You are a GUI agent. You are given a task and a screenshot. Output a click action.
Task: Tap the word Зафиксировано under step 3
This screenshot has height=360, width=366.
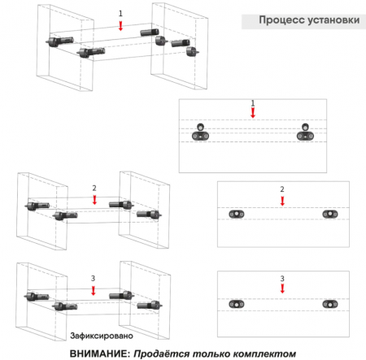coord(102,336)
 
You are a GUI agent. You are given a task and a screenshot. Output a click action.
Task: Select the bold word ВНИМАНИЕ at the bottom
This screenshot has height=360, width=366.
coord(100,353)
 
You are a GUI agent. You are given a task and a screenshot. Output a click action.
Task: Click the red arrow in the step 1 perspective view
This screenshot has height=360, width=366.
coord(120,26)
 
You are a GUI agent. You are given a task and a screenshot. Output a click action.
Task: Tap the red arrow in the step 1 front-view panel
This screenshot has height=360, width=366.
coord(253,113)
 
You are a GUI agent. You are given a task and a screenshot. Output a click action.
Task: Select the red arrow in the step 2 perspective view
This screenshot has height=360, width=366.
coord(94,200)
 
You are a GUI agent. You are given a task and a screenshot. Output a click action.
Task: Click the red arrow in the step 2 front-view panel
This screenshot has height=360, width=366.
coord(282,201)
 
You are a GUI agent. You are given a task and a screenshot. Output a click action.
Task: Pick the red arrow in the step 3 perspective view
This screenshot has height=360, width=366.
coord(94,290)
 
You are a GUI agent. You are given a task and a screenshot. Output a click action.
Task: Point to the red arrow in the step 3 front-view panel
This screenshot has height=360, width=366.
coord(282,288)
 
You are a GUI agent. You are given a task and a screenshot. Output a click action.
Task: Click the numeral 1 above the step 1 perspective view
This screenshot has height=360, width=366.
coord(120,13)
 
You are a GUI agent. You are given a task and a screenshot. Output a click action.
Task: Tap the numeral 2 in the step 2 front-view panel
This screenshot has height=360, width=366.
coord(282,189)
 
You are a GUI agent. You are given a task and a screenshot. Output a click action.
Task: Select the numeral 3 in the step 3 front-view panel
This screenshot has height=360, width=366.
coord(282,279)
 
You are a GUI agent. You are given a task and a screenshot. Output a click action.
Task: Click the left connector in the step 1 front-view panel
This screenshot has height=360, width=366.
coord(200,132)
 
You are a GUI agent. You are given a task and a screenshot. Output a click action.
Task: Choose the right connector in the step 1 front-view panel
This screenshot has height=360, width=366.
coord(305,132)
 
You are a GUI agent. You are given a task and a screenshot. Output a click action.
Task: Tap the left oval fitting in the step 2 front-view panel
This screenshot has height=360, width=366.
coord(237,214)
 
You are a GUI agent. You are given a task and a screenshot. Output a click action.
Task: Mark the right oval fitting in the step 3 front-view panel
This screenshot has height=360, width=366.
coord(330,304)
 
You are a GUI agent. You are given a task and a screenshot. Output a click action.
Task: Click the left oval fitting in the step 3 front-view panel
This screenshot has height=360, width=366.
coord(237,304)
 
